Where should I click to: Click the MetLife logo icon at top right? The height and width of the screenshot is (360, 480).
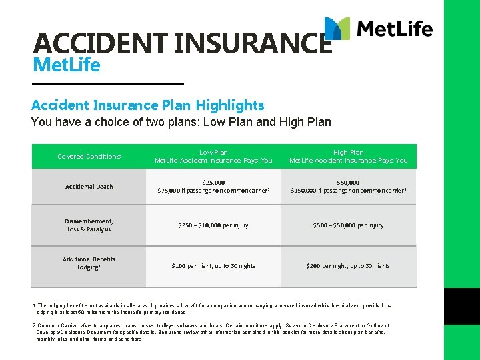[x=337, y=29]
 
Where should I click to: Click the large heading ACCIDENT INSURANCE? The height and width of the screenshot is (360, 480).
[x=181, y=43]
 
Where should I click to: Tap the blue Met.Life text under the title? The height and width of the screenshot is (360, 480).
[x=66, y=65]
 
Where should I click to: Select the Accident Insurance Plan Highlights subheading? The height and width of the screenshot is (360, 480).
[x=147, y=105]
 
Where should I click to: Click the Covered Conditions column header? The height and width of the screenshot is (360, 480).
[x=89, y=157]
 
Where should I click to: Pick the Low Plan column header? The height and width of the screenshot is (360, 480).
[x=213, y=157]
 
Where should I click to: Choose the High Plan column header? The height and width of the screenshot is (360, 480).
[x=348, y=157]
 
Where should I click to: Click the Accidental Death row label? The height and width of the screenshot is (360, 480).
[x=89, y=187]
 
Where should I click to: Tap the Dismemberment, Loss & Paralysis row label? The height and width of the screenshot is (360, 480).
[x=89, y=225]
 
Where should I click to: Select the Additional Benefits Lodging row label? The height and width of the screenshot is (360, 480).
[x=89, y=263]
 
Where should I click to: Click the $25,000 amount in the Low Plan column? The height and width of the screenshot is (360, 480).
[x=213, y=182]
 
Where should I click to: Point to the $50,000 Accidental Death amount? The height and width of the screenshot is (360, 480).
[x=348, y=182]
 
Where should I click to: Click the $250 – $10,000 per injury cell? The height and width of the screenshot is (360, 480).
[x=213, y=225]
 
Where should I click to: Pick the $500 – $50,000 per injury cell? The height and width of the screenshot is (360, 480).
[x=348, y=225]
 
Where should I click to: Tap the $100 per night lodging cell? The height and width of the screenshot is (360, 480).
[x=213, y=266]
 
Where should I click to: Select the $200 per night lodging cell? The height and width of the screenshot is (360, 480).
[x=348, y=266]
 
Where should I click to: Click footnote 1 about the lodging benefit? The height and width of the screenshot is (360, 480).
[x=213, y=309]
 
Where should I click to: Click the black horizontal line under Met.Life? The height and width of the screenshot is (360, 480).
[x=107, y=83]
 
